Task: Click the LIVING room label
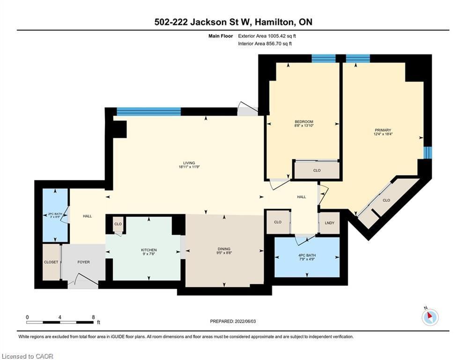click(x=186, y=163)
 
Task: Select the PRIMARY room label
click(x=382, y=130)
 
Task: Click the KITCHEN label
click(x=149, y=250)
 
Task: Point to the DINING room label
click(x=224, y=249)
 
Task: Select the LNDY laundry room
click(x=329, y=222)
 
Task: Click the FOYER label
click(x=83, y=262)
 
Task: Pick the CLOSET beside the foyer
click(x=51, y=262)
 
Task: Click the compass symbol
click(x=429, y=317)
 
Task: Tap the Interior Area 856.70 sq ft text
click(x=265, y=44)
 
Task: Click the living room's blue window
click(x=148, y=112)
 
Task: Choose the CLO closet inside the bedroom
click(x=317, y=170)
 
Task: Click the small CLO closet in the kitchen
click(x=118, y=224)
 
